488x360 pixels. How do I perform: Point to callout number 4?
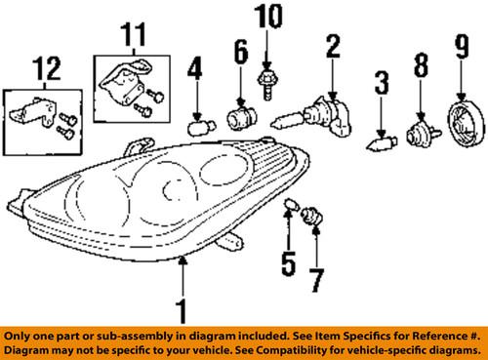[x=195, y=72]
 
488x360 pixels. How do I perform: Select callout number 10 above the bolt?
[x=265, y=17]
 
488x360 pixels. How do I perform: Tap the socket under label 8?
[x=420, y=130]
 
